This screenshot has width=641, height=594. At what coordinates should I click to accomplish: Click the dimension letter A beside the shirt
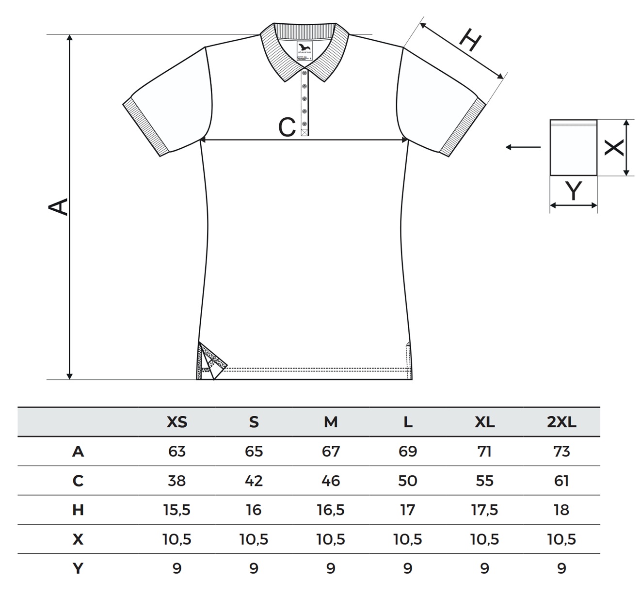[x=59, y=207]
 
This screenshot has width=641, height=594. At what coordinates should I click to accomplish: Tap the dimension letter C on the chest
[x=287, y=127]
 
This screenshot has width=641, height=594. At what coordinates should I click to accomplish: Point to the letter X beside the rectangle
[x=614, y=147]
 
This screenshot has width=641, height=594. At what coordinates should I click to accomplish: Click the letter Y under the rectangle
[x=574, y=191]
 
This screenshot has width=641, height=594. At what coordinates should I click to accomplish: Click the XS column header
[x=176, y=422]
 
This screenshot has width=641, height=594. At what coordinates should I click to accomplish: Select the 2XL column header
[x=561, y=422]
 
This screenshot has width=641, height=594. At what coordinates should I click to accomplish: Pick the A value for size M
[x=331, y=452]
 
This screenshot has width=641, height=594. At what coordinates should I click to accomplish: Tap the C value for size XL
[x=484, y=481]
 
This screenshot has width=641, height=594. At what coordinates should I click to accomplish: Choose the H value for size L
[x=408, y=510]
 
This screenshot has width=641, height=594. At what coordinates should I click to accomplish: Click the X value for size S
[x=254, y=539]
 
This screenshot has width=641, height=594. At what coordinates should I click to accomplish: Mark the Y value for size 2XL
[x=561, y=568]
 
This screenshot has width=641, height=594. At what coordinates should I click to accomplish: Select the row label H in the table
[x=78, y=510]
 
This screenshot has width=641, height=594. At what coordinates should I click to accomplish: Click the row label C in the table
[x=78, y=481]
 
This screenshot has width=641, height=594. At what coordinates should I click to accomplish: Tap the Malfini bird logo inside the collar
[x=305, y=48]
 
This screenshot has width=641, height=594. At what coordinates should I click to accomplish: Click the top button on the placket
[x=304, y=73]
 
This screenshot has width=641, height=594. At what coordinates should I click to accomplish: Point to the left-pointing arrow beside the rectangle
[x=523, y=147]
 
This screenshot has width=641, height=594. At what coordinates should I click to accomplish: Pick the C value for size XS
[x=176, y=481]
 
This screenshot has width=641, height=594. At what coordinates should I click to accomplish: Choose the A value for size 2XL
[x=561, y=452]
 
